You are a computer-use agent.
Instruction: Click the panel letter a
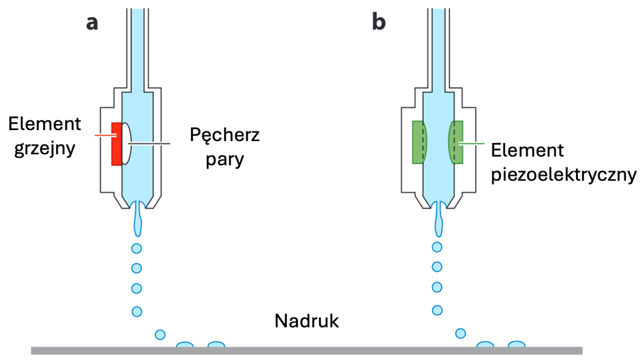(92, 24)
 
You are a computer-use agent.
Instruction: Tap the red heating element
(116, 144)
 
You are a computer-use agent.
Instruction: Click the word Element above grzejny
(44, 124)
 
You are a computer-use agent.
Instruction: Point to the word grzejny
(44, 148)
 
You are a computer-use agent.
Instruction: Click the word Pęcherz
(225, 135)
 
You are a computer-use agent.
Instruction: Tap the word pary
(225, 159)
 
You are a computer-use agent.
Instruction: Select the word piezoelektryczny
(564, 175)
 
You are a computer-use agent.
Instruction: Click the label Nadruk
(307, 321)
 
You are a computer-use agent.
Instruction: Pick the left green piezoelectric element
(419, 142)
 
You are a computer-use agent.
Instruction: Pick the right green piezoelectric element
(456, 142)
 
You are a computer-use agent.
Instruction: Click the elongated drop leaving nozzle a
(138, 219)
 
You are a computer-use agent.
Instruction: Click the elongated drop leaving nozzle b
(439, 219)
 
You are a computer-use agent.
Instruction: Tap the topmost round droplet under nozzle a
(137, 248)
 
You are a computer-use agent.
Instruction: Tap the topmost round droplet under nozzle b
(437, 247)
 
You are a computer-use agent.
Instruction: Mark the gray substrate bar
(307, 351)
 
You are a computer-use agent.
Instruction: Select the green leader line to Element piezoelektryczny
(471, 144)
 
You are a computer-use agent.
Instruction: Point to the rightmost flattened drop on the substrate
(516, 344)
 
